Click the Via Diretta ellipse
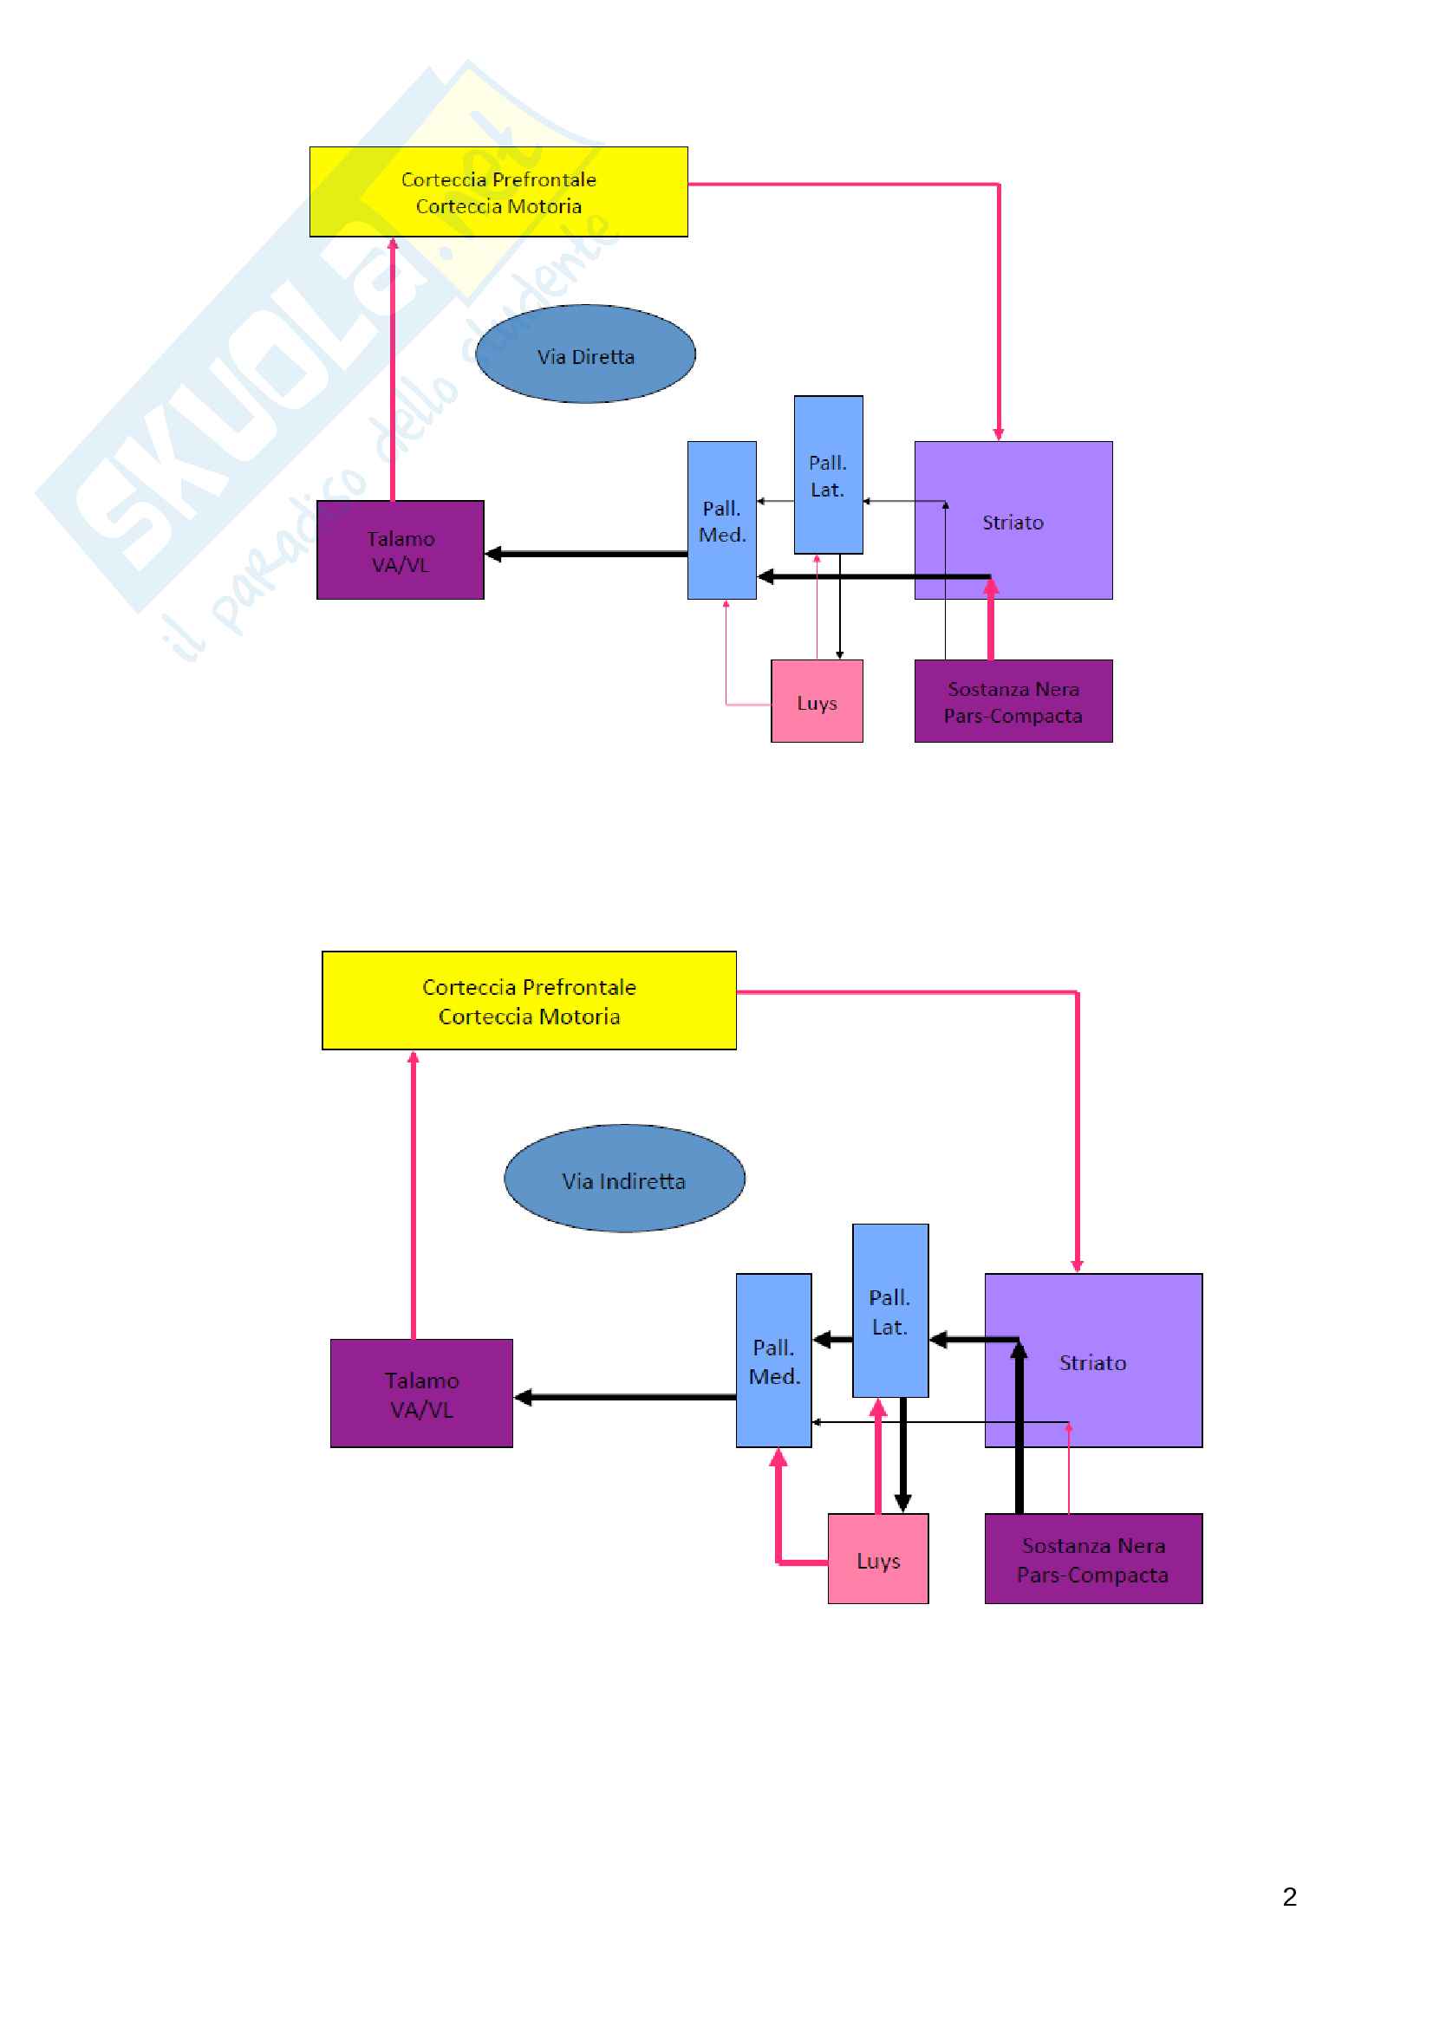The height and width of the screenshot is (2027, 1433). click(x=584, y=354)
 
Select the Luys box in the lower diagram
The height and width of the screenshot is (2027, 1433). click(x=876, y=1558)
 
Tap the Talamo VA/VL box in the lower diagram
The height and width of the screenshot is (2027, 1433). click(x=421, y=1394)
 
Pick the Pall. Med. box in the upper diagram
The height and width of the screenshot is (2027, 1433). click(x=721, y=520)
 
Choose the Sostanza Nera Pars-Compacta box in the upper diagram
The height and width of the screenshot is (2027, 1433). click(x=1013, y=701)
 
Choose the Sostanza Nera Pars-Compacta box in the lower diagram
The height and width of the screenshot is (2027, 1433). click(x=1092, y=1558)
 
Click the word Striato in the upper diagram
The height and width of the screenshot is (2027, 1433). click(x=1013, y=523)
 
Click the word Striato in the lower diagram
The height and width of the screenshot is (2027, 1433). click(x=1092, y=1363)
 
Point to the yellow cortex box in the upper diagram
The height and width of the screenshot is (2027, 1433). click(x=498, y=192)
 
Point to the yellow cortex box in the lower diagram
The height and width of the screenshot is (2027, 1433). click(x=528, y=1000)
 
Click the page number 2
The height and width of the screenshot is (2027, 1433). click(x=1289, y=1896)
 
